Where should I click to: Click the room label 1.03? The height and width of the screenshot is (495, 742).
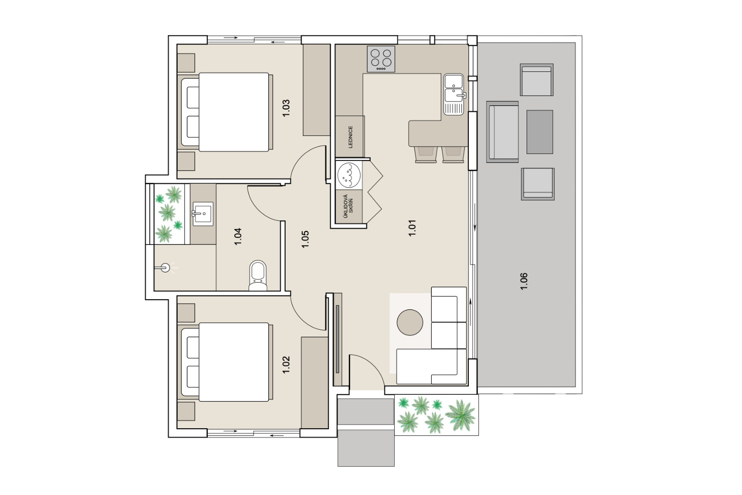click(286, 108)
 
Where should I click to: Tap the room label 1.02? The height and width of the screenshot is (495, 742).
click(286, 365)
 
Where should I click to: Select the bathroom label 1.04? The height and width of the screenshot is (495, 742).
click(238, 237)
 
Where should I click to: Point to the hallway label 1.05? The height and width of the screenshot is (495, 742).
click(305, 239)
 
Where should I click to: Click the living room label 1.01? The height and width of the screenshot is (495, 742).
click(412, 228)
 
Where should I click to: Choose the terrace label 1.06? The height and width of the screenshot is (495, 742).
click(524, 281)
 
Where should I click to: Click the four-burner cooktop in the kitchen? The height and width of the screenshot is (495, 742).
click(381, 59)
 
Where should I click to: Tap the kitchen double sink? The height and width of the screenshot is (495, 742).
click(454, 95)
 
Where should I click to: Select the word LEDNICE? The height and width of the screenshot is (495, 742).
click(351, 137)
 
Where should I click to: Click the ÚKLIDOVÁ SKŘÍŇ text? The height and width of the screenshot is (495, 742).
click(348, 206)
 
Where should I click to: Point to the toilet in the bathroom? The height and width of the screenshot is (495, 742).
click(258, 276)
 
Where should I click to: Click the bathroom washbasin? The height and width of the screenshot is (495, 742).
click(203, 214)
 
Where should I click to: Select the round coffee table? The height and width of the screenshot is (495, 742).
click(410, 322)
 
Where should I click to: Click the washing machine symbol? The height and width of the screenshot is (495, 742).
click(349, 175)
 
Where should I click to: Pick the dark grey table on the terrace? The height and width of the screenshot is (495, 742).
click(540, 132)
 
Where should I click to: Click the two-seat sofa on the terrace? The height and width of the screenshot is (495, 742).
click(503, 132)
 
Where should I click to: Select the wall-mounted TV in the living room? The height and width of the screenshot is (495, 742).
click(338, 339)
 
